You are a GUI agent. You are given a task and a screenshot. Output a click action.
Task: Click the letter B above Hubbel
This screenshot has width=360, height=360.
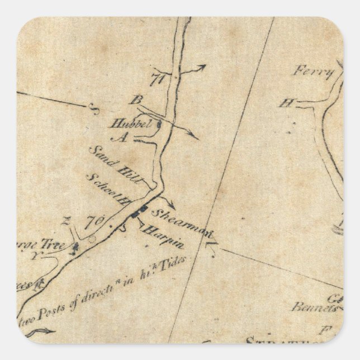click(x=134, y=101)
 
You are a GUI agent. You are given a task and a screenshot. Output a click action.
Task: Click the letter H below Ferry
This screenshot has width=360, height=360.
click(x=287, y=103)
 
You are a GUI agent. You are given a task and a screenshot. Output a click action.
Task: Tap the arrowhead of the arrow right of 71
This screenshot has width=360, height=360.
click(x=203, y=65)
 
